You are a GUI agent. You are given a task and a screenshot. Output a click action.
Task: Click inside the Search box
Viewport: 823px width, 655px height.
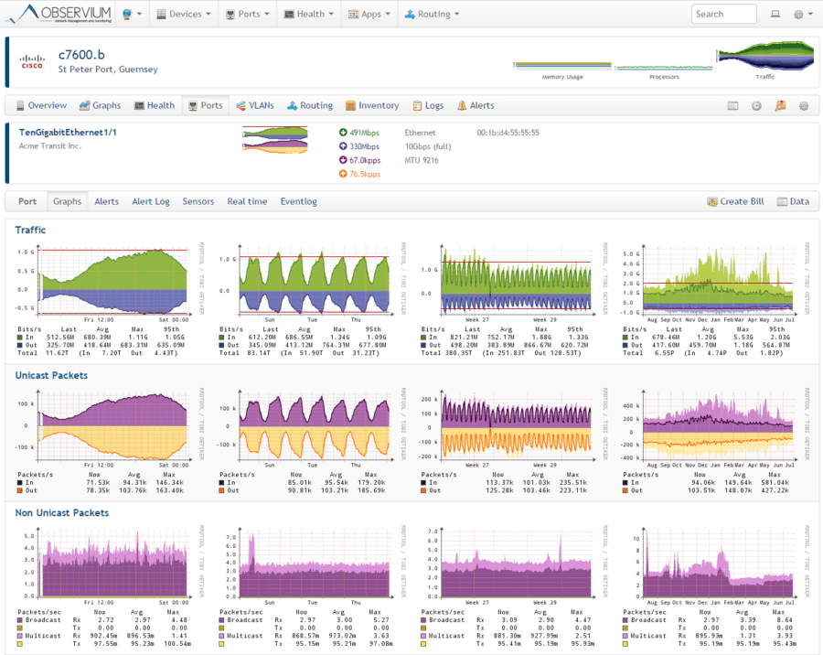pyautogui.click(x=724, y=14)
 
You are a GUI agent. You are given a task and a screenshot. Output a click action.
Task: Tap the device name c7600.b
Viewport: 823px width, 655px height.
pyautogui.click(x=80, y=55)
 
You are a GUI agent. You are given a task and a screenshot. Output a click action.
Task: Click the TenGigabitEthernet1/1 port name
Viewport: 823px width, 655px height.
pyautogui.click(x=68, y=133)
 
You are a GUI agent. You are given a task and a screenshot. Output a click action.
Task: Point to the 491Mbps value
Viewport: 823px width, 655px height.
pyautogui.click(x=363, y=133)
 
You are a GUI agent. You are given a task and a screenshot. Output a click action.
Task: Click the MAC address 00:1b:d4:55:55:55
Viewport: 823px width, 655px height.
pyautogui.click(x=508, y=133)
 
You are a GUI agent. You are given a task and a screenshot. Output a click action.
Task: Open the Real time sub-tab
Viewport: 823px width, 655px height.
pyautogui.click(x=247, y=201)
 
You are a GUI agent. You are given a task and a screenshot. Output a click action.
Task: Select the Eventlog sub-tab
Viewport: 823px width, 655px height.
pyautogui.click(x=298, y=201)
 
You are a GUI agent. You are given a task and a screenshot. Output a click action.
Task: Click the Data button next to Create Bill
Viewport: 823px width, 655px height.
pyautogui.click(x=793, y=201)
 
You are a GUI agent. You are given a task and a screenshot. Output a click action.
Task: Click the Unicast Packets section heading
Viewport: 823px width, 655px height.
pyautogui.click(x=52, y=374)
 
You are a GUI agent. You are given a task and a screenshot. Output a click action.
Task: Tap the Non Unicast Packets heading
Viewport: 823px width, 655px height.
pyautogui.click(x=61, y=513)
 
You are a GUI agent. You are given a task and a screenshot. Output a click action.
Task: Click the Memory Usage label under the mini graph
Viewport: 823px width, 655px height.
pyautogui.click(x=562, y=77)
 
